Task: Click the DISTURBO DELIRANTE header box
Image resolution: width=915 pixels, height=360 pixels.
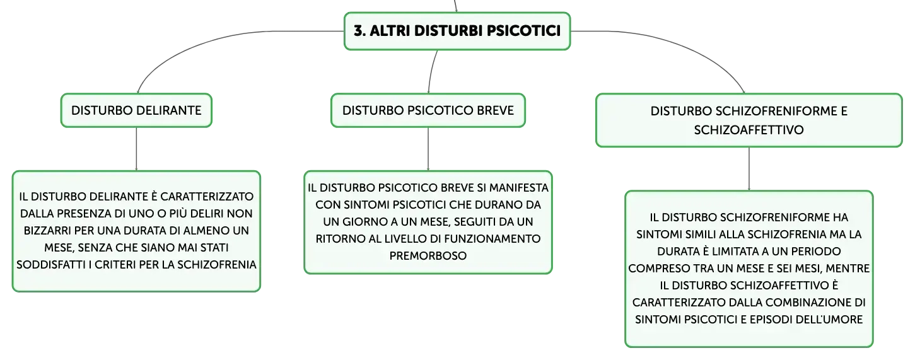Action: click(136, 110)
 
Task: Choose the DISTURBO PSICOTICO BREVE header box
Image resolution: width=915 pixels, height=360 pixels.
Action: click(428, 110)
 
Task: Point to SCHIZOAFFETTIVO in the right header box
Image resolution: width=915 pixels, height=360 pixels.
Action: click(749, 130)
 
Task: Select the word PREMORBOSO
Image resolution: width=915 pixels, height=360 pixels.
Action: click(428, 256)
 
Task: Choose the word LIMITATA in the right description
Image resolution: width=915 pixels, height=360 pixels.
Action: click(733, 252)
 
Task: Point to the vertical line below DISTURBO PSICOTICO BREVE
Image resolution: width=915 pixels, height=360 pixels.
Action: click(428, 149)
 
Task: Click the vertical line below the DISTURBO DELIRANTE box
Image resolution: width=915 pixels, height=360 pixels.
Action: click(136, 149)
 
